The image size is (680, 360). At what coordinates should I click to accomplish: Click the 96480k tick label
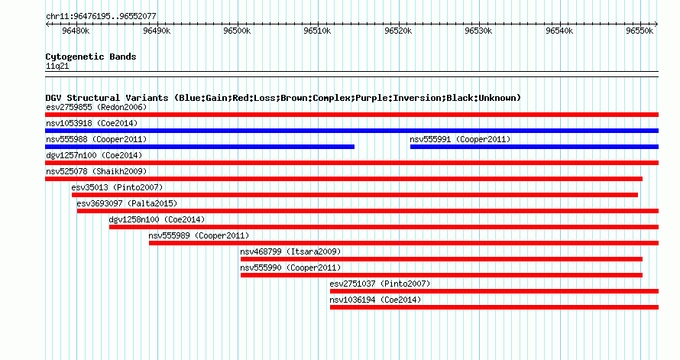coord(76,31)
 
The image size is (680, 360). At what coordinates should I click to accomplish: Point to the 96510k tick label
coord(317,31)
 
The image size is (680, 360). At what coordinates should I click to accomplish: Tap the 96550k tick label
coord(640,31)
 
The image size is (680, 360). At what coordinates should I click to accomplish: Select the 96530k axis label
coord(478,31)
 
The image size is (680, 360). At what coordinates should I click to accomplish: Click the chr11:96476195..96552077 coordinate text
coord(101,17)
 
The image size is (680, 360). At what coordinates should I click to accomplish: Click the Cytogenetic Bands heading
coord(91,57)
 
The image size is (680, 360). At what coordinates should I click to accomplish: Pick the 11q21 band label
coord(57,66)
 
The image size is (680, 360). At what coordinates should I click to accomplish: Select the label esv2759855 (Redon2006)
coord(96,107)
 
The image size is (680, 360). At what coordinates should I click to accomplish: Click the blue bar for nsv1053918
coord(351,131)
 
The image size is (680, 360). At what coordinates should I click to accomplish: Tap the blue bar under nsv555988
coord(199,147)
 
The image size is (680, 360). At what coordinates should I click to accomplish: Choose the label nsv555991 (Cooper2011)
coord(460,139)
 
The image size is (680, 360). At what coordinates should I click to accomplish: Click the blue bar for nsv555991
coord(534,147)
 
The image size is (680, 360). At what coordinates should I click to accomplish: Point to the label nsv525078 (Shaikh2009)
coord(96,171)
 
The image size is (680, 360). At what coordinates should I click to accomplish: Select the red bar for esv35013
coord(355,195)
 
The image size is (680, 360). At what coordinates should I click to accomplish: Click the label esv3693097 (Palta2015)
coord(127,203)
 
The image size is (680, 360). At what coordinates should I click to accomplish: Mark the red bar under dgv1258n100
coord(384,227)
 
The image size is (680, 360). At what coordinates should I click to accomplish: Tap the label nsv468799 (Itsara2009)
coord(290,251)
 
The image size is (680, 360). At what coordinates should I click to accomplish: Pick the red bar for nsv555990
coord(442,275)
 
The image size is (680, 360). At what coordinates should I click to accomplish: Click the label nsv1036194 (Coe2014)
coord(375,300)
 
